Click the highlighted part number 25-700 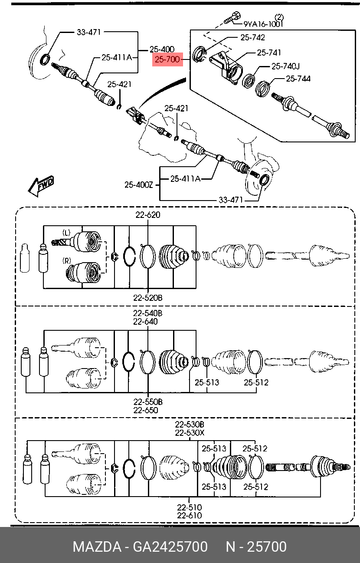pos(167,59)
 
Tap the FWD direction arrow pos(41,186)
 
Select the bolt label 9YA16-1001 pos(263,24)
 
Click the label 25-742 pos(253,37)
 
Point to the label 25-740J pos(286,66)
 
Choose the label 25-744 pos(298,79)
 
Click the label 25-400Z pos(139,185)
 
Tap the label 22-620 pos(148,214)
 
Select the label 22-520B pos(148,298)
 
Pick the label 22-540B pos(148,313)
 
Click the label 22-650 pos(146,410)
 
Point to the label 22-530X pos(190,433)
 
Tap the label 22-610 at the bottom pos(190,515)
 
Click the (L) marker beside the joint pos(66,233)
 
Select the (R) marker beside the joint pos(66,261)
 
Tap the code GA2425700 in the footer pos(170,547)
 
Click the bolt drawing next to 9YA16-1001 pos(231,18)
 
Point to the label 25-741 pos(269,53)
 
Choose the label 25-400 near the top pos(162,49)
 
